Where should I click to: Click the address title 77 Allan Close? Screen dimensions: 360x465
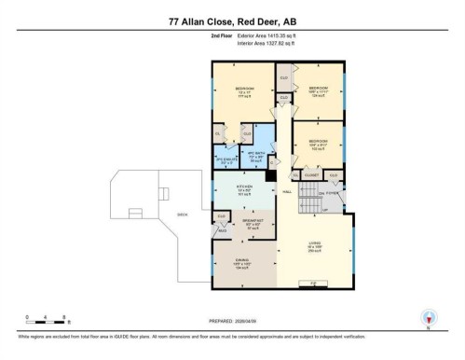click(232, 21)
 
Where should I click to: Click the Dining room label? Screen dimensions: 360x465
click(242, 263)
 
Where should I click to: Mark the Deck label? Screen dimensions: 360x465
click(183, 215)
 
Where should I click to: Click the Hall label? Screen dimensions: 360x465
click(288, 193)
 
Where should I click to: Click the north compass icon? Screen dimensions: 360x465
click(429, 317)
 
